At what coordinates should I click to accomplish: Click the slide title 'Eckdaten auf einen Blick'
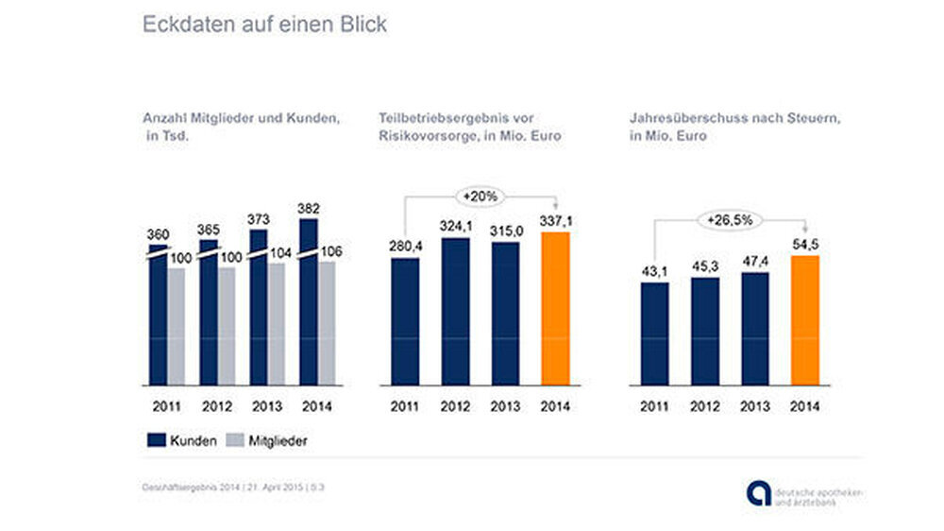coord(264,25)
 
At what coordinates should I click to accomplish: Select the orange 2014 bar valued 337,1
coord(556,308)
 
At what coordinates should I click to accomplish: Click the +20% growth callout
coord(481,197)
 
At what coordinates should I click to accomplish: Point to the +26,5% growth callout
coord(730,220)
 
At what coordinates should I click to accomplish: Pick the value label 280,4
coord(405,248)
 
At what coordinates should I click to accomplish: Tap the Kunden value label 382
coord(309,208)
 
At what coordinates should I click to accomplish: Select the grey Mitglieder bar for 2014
coord(326,323)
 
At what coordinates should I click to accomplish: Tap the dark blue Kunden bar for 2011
coord(158,317)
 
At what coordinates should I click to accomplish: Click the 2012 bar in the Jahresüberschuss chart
coord(704,331)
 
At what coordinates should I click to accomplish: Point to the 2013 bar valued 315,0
coord(506,314)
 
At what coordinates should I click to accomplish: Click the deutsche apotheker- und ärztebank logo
coord(801,492)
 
